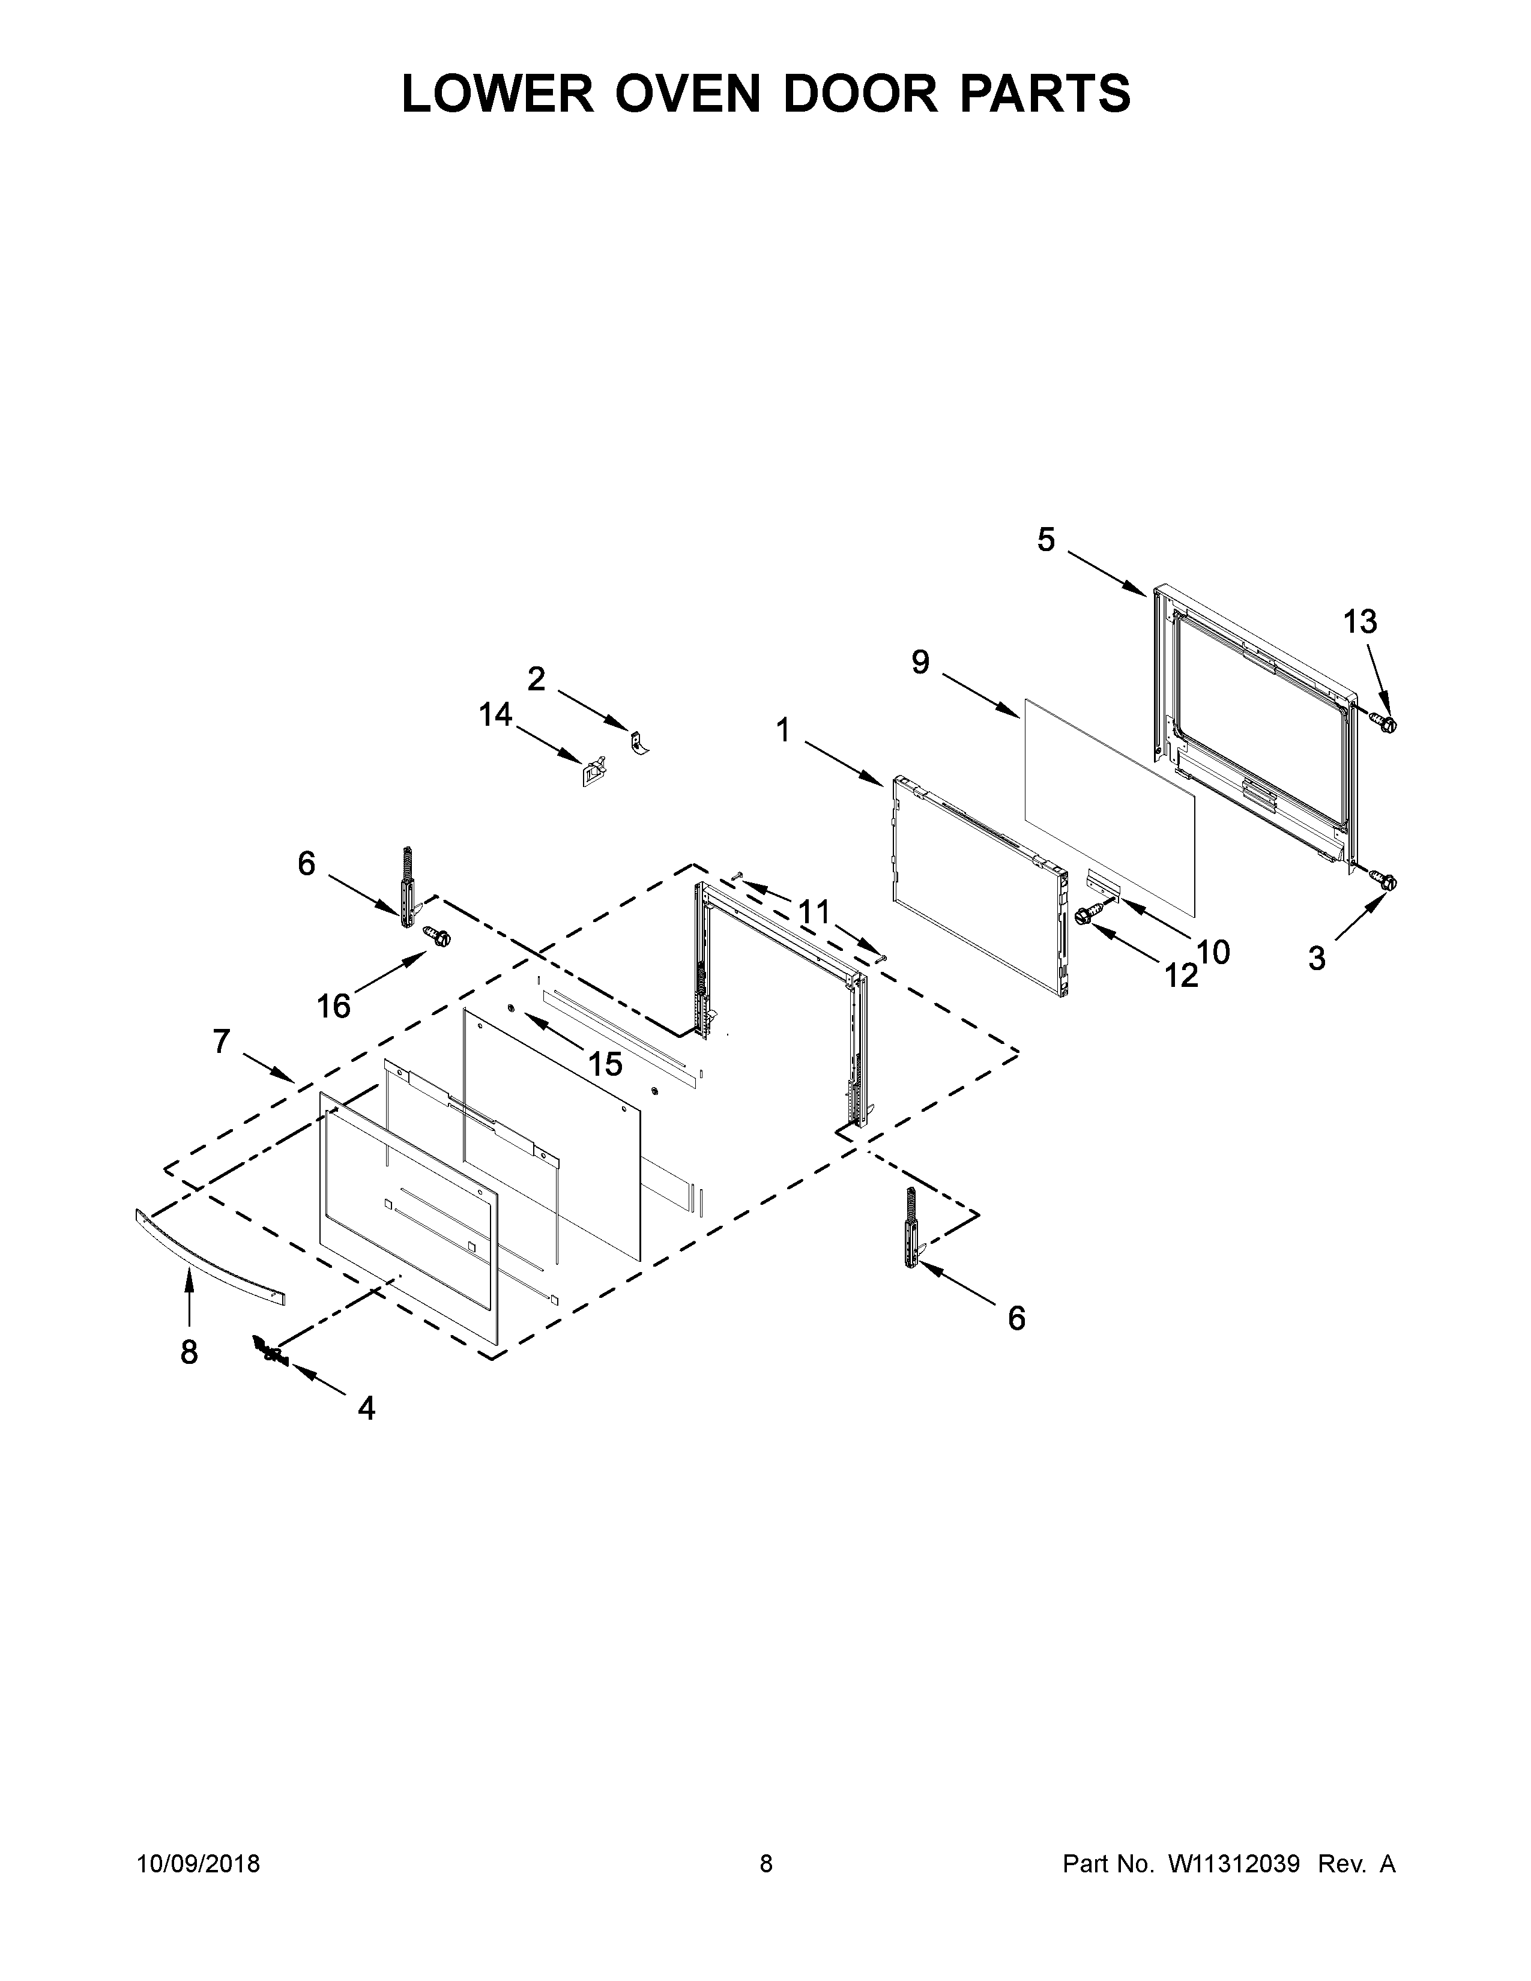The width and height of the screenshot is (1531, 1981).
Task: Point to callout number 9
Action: tap(920, 663)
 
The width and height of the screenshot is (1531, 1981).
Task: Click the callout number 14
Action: tap(496, 715)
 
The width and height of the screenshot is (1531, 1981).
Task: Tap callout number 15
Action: tap(605, 1064)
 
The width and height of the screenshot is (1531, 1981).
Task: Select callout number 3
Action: tap(1317, 958)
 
